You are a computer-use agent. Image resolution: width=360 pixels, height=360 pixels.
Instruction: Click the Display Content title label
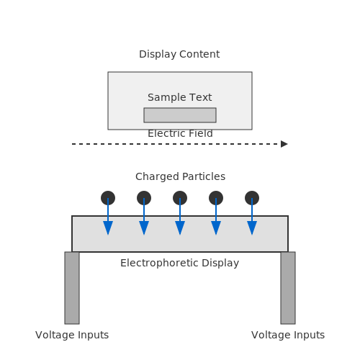(x=179, y=55)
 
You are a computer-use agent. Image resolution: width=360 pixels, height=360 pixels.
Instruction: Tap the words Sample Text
(x=180, y=98)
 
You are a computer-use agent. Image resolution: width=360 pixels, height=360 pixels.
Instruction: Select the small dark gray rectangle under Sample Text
(x=180, y=115)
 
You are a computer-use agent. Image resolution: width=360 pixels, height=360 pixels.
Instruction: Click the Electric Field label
(x=180, y=133)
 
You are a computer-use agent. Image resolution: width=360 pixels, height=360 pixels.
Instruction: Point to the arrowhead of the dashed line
(x=284, y=144)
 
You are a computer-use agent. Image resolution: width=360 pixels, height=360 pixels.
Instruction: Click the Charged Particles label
(x=180, y=176)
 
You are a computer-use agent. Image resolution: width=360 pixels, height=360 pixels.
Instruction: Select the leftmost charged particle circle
(x=108, y=198)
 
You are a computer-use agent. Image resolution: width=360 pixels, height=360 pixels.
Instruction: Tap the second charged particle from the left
(x=144, y=198)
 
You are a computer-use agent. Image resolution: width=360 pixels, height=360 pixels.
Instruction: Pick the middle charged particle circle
(x=180, y=198)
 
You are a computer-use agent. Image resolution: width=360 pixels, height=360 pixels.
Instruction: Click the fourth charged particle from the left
(x=216, y=198)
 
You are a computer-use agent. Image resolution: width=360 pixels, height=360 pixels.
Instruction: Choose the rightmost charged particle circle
(x=252, y=198)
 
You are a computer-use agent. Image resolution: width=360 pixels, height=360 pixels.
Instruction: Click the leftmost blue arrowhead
(x=108, y=228)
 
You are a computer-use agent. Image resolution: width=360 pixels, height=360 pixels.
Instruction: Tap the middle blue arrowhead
(x=180, y=228)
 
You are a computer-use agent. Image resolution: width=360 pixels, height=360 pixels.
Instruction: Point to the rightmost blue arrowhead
(x=252, y=228)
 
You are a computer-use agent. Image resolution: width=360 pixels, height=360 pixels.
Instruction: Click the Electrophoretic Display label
(x=179, y=264)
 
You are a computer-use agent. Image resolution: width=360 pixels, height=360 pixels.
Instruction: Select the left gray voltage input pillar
(x=72, y=288)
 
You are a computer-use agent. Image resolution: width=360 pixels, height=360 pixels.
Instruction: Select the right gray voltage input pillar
(x=288, y=288)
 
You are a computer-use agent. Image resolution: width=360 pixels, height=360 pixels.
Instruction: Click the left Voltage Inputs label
(x=72, y=336)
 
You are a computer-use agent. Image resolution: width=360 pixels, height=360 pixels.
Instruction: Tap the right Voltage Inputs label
(x=288, y=336)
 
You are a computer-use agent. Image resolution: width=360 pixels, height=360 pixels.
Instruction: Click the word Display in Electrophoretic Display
(x=220, y=264)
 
